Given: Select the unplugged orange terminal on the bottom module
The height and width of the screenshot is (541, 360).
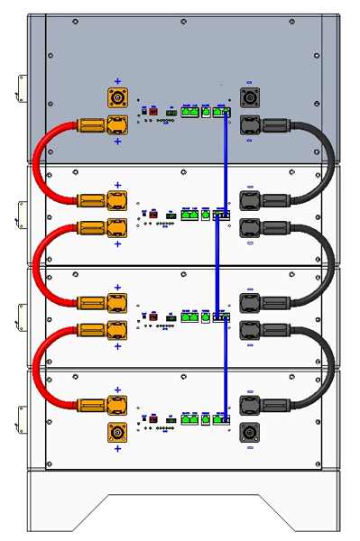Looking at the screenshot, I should [x=116, y=434].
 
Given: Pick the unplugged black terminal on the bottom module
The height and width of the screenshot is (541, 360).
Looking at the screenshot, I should [x=249, y=434].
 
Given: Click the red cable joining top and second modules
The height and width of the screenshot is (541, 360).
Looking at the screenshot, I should [x=36, y=162].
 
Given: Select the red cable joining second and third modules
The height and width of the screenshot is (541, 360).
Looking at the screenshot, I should [x=36, y=263].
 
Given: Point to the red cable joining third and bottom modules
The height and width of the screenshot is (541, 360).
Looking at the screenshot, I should [x=36, y=365].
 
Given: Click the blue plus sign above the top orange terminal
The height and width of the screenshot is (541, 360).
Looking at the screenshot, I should [x=117, y=78].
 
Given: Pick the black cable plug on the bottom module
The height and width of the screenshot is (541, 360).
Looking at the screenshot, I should [x=262, y=406].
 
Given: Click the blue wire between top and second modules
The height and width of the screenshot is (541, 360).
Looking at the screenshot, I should [x=225, y=162].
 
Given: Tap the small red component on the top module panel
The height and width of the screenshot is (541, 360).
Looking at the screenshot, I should [x=153, y=111].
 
